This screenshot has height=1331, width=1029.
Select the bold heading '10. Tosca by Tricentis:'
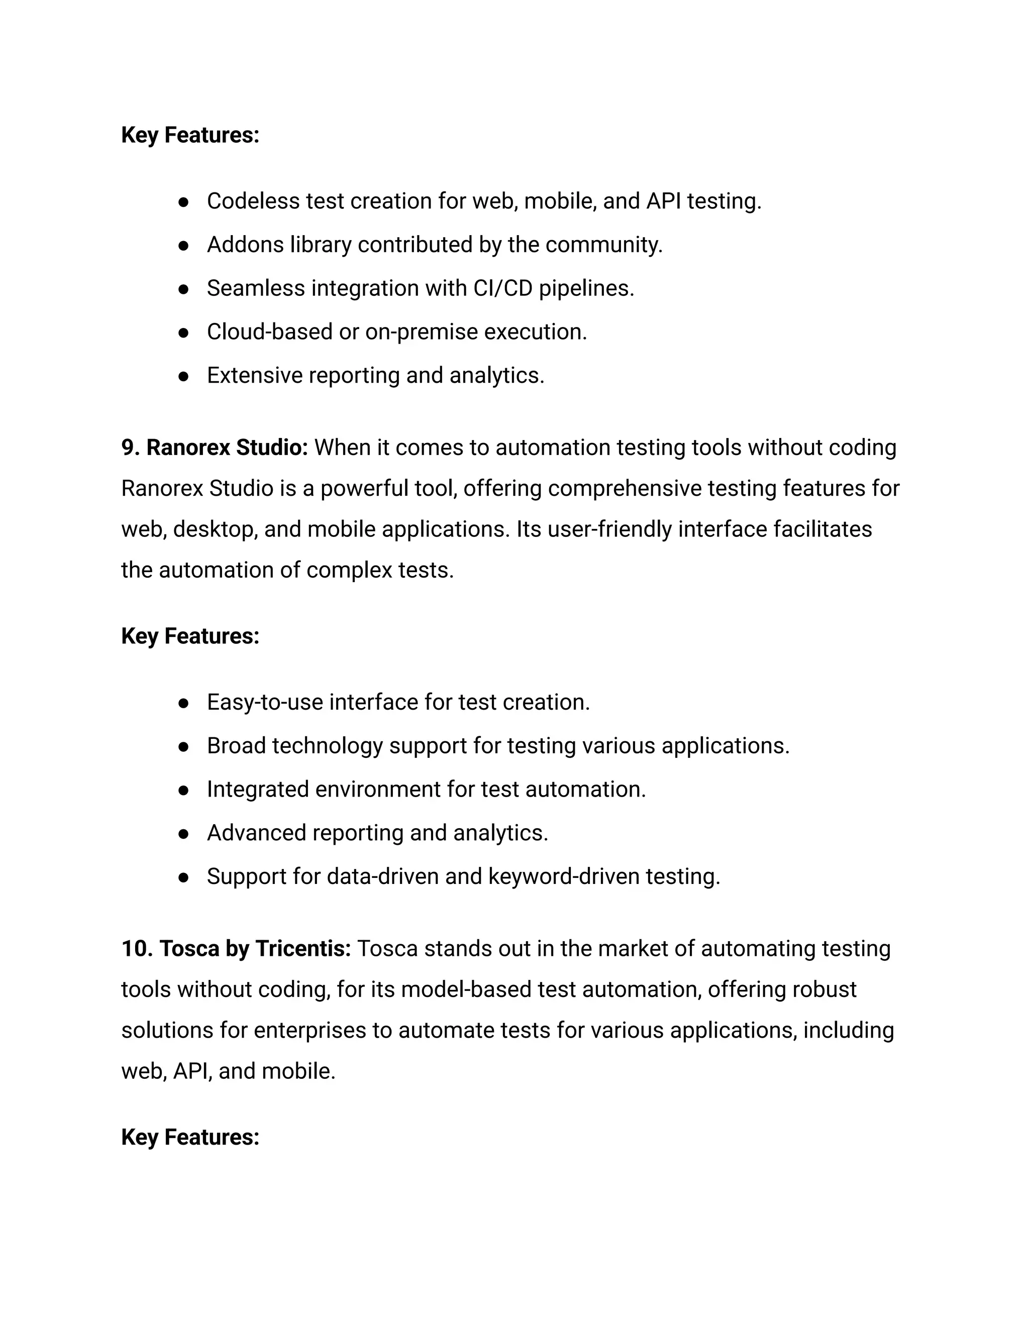point(236,948)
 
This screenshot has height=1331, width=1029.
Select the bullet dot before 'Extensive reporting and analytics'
point(183,376)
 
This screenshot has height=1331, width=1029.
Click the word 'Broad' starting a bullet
point(236,745)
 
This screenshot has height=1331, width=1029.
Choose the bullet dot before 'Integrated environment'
point(183,790)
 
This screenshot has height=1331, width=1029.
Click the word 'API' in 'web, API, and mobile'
point(191,1071)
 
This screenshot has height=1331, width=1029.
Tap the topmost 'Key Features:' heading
point(190,135)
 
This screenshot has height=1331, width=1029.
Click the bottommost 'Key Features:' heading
point(190,1137)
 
